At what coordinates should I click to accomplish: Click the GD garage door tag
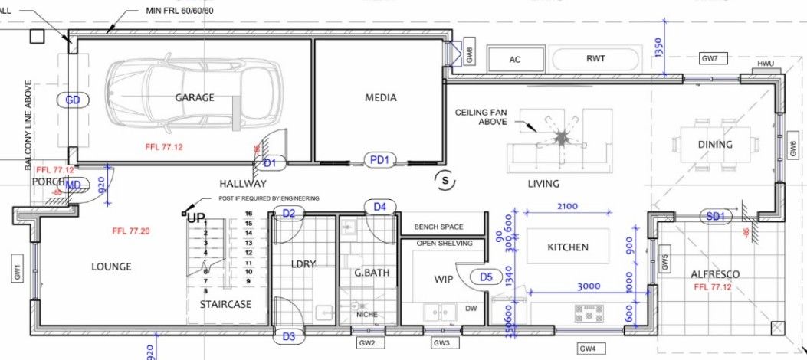(74, 100)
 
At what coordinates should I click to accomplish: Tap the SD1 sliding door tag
(716, 217)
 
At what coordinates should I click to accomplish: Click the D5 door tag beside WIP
(485, 277)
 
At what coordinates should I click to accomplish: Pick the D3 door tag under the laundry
(288, 335)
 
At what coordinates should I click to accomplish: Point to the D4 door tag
(379, 206)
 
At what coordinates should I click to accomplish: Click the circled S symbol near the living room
(442, 180)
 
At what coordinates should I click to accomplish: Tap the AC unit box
(515, 59)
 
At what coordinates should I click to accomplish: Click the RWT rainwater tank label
(595, 58)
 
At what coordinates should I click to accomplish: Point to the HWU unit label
(766, 64)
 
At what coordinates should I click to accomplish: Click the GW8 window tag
(470, 55)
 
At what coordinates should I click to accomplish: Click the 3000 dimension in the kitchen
(589, 285)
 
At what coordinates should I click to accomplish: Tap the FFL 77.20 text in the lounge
(130, 231)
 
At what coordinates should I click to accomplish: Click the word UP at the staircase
(196, 218)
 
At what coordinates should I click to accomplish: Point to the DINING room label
(714, 144)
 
